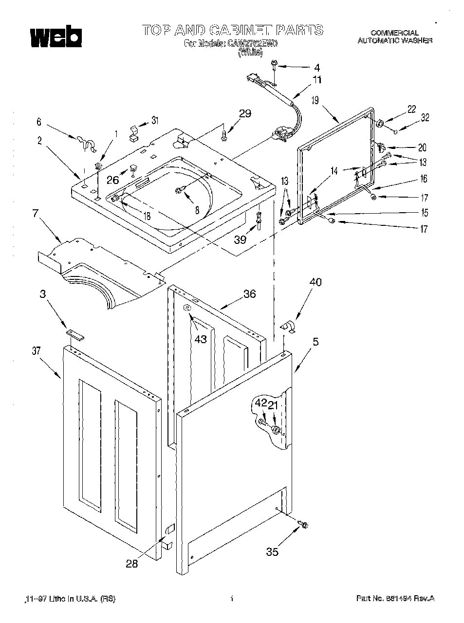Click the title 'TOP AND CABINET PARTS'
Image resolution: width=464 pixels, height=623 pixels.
[232, 30]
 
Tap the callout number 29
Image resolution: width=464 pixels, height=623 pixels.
[245, 113]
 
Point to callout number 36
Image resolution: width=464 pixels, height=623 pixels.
[249, 294]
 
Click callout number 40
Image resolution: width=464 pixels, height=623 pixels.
[315, 282]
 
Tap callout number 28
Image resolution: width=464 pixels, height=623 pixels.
[131, 564]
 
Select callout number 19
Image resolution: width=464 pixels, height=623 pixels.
[315, 101]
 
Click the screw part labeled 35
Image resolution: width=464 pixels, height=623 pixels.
[305, 525]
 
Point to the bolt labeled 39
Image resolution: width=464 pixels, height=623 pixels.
[258, 218]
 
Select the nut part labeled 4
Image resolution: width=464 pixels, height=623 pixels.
[275, 64]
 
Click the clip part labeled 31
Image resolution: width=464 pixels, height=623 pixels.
[133, 132]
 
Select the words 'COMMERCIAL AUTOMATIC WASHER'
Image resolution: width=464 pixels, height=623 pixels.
[395, 37]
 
